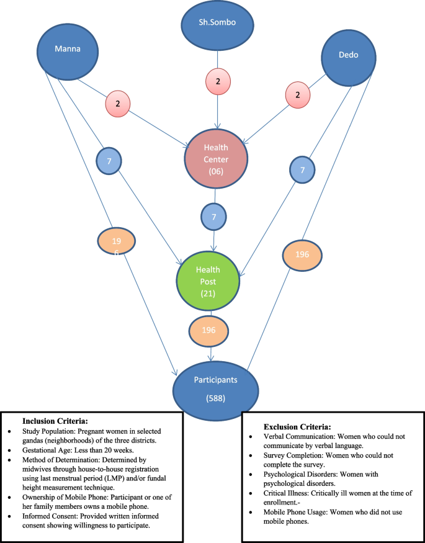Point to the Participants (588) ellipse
click(214, 386)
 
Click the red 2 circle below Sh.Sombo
click(217, 81)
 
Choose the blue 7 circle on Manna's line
click(109, 161)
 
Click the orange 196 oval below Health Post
click(208, 330)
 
